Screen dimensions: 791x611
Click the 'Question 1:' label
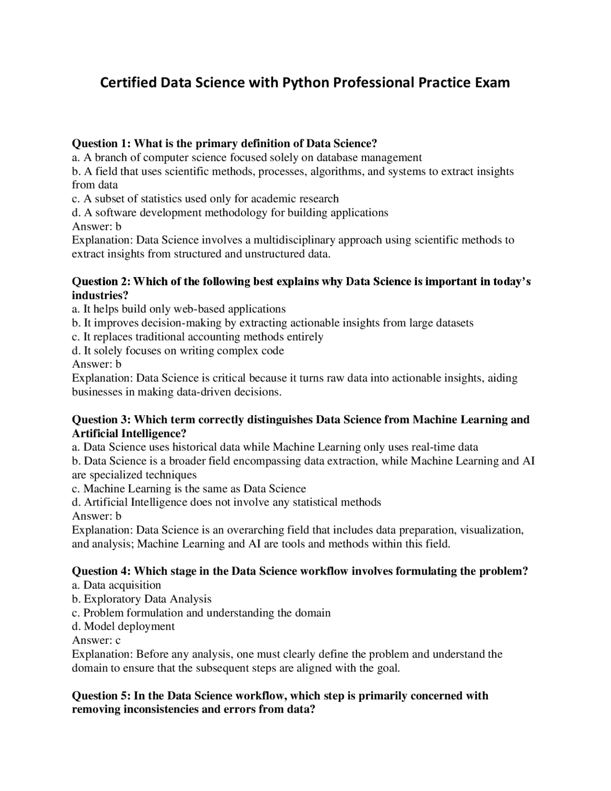pos(101,144)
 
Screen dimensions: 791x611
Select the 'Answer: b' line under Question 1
pos(97,226)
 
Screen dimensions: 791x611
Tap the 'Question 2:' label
pos(101,281)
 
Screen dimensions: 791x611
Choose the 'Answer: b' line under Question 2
pos(97,364)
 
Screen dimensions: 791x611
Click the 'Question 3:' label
pos(101,419)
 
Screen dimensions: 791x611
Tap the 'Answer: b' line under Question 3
pos(97,516)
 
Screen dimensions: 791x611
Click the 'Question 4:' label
pos(101,571)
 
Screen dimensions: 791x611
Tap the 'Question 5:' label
pos(101,695)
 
